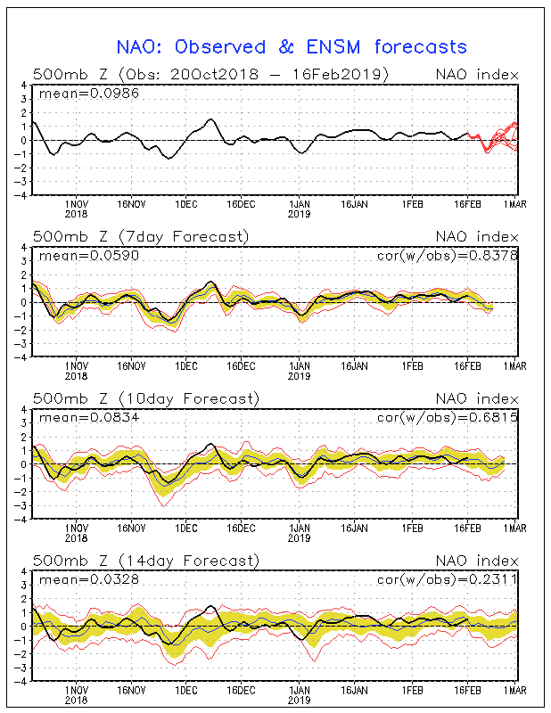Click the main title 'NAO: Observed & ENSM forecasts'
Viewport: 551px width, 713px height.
pyautogui.click(x=292, y=46)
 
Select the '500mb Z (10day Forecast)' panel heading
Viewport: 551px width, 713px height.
pyautogui.click(x=144, y=397)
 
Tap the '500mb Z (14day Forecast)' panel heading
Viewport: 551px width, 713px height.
pyautogui.click(x=144, y=560)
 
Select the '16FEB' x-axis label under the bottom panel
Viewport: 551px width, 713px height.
pyautogui.click(x=468, y=690)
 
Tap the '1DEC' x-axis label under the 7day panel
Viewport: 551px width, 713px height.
pyautogui.click(x=186, y=365)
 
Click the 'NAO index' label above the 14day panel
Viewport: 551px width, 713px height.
pyautogui.click(x=476, y=560)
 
